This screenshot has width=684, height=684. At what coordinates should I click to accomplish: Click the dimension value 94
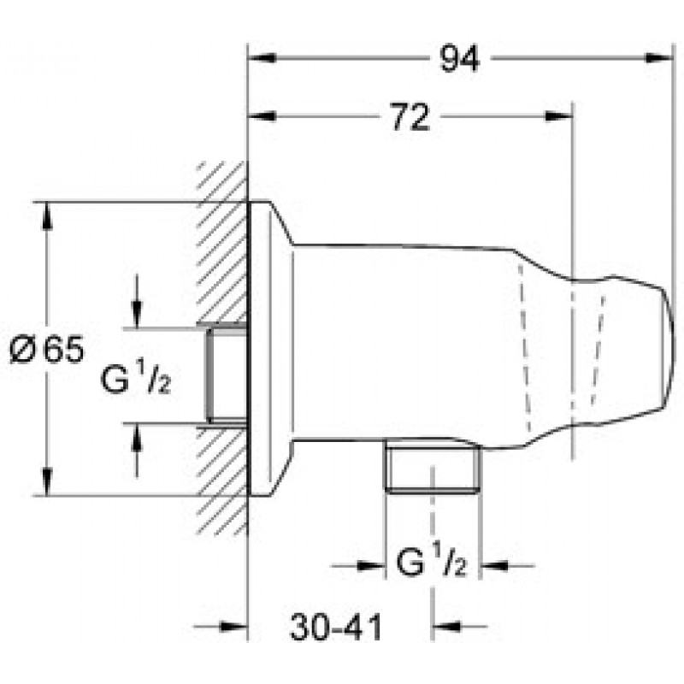click(459, 58)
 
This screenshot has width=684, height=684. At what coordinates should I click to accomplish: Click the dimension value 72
click(410, 116)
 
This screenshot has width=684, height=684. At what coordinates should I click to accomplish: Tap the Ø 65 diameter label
click(47, 350)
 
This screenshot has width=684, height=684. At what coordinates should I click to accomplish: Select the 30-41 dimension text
click(335, 627)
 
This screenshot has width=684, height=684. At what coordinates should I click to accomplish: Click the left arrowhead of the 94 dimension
click(262, 58)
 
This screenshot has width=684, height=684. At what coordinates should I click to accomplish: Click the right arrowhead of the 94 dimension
click(657, 58)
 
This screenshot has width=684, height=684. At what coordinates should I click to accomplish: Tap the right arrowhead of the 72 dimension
click(559, 116)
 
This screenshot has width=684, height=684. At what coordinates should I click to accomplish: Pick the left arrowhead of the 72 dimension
click(262, 116)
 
